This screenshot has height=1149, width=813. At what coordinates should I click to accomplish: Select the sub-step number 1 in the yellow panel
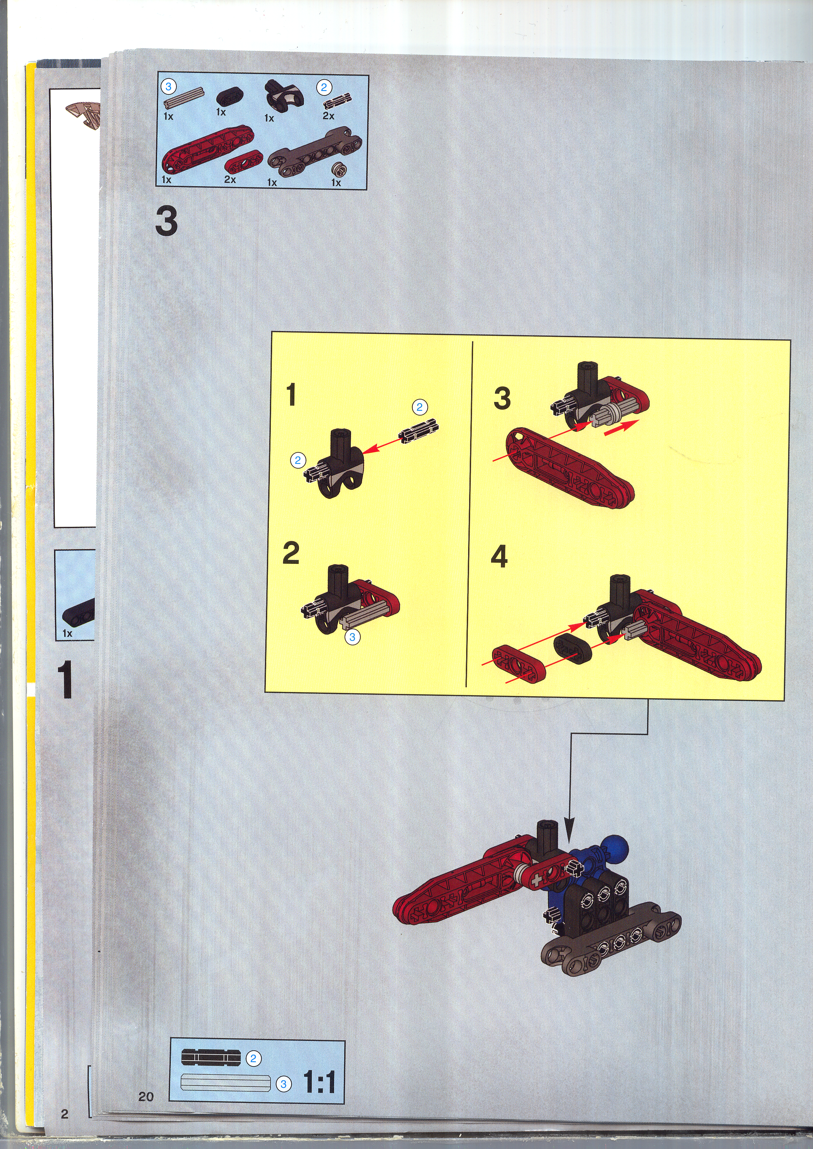(x=291, y=395)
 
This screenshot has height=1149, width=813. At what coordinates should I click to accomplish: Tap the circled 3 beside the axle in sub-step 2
(x=352, y=637)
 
